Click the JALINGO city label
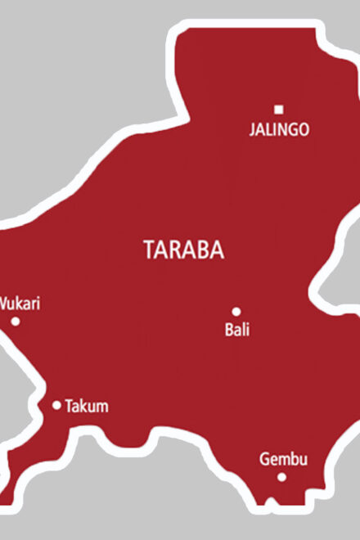coord(279,129)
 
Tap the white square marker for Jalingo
coord(279,109)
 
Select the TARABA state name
coord(183,250)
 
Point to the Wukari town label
coord(19,304)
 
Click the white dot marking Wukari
coord(16,322)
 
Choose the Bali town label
coord(236,331)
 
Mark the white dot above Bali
coord(236,312)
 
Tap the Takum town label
coord(86,406)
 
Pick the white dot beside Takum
coord(56,405)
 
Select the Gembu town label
coord(283,459)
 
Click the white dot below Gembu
coord(281,477)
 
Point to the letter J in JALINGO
coord(252,129)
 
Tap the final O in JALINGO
coord(304,129)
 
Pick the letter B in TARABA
coord(201,250)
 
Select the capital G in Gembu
coord(264,459)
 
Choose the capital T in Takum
coord(69,406)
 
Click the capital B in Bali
coord(227,331)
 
